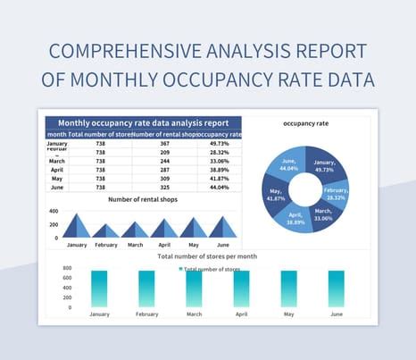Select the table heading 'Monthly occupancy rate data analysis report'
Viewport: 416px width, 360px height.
(143, 122)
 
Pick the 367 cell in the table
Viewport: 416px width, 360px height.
(165, 144)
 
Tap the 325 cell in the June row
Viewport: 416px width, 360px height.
(165, 187)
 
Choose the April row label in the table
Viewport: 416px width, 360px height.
(56, 168)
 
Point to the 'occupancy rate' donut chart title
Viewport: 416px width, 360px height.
(306, 122)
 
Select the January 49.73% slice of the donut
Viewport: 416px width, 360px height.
(325, 164)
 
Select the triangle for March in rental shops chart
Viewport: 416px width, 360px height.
(136, 229)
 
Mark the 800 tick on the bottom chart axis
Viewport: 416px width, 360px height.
(67, 268)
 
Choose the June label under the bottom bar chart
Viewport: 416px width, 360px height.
(336, 314)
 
